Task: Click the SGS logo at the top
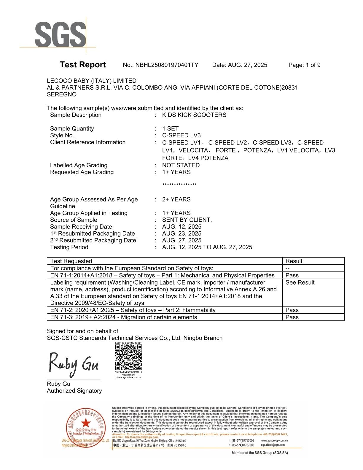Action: (x=60, y=35)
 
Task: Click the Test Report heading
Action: (x=82, y=65)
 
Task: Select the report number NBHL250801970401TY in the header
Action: (x=167, y=65)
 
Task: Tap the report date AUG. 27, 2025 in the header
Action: (x=247, y=65)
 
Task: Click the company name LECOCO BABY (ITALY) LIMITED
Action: (x=92, y=81)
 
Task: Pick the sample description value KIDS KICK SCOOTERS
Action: (x=194, y=115)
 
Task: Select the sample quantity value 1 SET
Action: (x=170, y=128)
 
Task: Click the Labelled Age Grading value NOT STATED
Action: (x=181, y=165)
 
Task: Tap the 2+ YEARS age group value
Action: (x=176, y=199)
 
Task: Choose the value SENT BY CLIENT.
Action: (x=187, y=220)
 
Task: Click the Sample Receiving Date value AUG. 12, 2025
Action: (x=181, y=227)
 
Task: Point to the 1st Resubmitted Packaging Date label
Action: (x=92, y=234)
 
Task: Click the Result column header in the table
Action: (x=294, y=261)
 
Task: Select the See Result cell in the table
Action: (x=300, y=282)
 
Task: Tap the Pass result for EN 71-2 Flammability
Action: (x=292, y=310)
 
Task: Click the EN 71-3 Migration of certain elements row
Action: (x=123, y=317)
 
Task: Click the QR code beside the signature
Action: (x=128, y=357)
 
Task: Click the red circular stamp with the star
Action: (x=86, y=426)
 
